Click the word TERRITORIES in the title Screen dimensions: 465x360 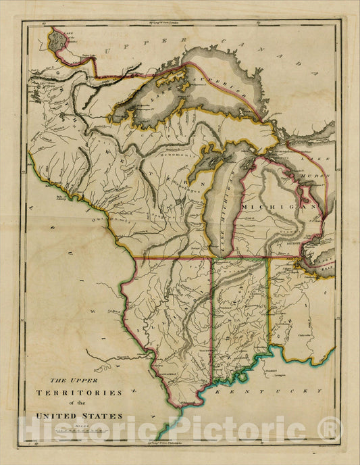(84, 392)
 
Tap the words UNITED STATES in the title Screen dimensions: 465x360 (84, 415)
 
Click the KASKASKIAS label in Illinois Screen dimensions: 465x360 (168, 370)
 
